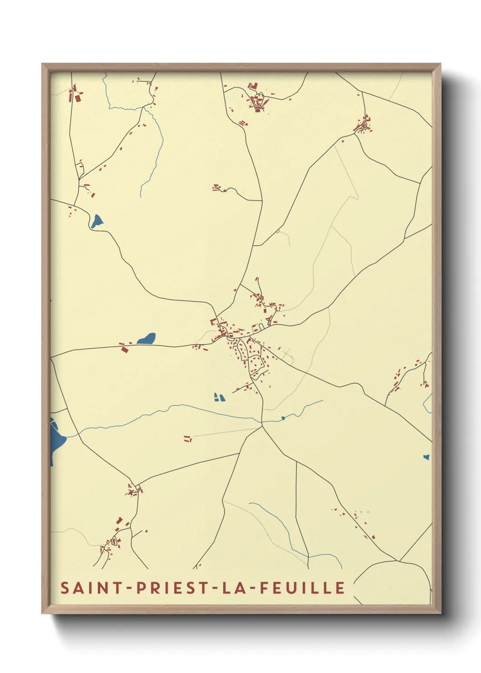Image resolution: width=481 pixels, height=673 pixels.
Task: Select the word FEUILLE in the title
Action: [x=302, y=588]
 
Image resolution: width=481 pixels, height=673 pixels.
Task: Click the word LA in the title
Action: [x=235, y=588]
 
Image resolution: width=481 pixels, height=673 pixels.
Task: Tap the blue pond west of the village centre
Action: [x=147, y=339]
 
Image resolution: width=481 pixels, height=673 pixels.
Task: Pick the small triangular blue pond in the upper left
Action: [x=97, y=221]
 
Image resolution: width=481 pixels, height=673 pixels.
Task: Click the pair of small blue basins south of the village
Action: [x=219, y=397]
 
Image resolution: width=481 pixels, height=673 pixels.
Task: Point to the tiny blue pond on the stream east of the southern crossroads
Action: [x=283, y=417]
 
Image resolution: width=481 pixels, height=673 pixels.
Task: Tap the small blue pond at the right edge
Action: [x=426, y=457]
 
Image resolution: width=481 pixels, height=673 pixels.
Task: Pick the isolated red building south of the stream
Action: [x=187, y=438]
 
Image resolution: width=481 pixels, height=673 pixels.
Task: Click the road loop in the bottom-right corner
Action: [x=394, y=582]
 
